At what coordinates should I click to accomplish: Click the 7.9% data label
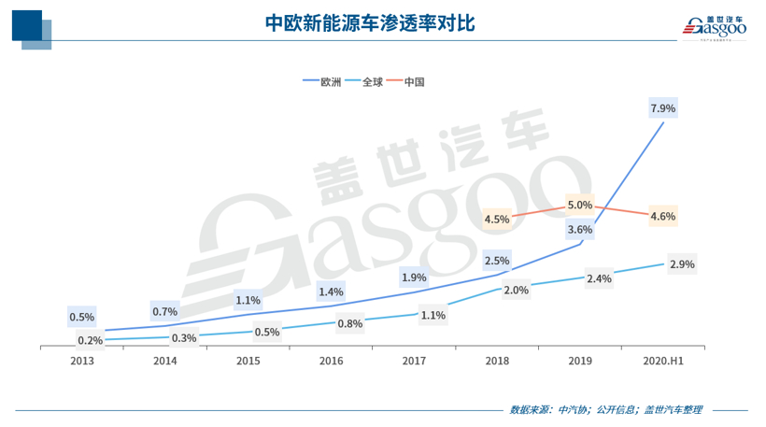[662, 108]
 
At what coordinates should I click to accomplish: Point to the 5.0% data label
[579, 205]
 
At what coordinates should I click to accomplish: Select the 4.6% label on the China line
[662, 216]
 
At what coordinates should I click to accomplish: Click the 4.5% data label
[497, 220]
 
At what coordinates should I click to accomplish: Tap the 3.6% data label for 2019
[579, 229]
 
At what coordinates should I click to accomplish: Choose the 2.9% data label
[682, 264]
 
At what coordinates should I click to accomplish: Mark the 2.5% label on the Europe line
[497, 260]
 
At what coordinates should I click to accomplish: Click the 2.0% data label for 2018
[516, 290]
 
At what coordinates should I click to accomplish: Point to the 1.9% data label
[414, 277]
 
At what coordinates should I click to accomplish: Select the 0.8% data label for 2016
[350, 323]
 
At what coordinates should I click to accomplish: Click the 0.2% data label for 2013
[91, 340]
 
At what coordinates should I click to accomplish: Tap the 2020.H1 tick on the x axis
[662, 360]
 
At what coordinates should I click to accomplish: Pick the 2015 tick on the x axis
[248, 360]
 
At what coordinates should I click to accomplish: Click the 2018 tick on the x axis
[497, 360]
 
